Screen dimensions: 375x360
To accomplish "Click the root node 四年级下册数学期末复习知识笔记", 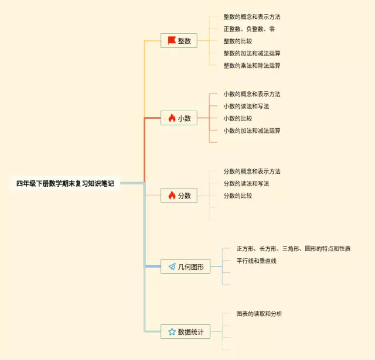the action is click(66, 183).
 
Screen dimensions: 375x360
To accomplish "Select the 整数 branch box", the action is click(179, 40).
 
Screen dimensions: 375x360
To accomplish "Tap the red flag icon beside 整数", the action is click(172, 40).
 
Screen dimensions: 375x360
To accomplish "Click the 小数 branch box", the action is click(179, 118).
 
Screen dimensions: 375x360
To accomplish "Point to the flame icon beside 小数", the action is click(172, 118).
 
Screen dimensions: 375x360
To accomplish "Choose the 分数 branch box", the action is click(179, 196).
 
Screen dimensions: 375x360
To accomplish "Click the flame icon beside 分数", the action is click(172, 196).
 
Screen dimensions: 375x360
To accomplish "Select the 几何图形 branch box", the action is click(186, 266).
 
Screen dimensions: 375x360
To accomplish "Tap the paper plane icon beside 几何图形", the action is click(172, 266).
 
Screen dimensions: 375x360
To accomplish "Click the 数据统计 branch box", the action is click(186, 331).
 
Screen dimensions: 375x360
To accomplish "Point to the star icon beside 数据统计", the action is click(172, 331).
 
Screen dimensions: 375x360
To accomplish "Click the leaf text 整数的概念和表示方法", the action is click(251, 17).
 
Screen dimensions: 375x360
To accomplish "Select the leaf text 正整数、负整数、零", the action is click(249, 29).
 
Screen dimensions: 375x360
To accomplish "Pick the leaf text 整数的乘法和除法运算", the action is click(251, 66).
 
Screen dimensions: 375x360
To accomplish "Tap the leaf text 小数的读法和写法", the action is click(246, 106).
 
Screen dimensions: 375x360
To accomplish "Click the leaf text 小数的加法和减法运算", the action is click(251, 131).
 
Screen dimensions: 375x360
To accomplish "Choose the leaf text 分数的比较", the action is click(237, 196).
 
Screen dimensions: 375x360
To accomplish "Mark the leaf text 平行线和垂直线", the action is click(256, 260).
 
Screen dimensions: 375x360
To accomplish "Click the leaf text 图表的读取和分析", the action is click(259, 314).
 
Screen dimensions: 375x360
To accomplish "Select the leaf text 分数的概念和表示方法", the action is click(251, 172).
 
